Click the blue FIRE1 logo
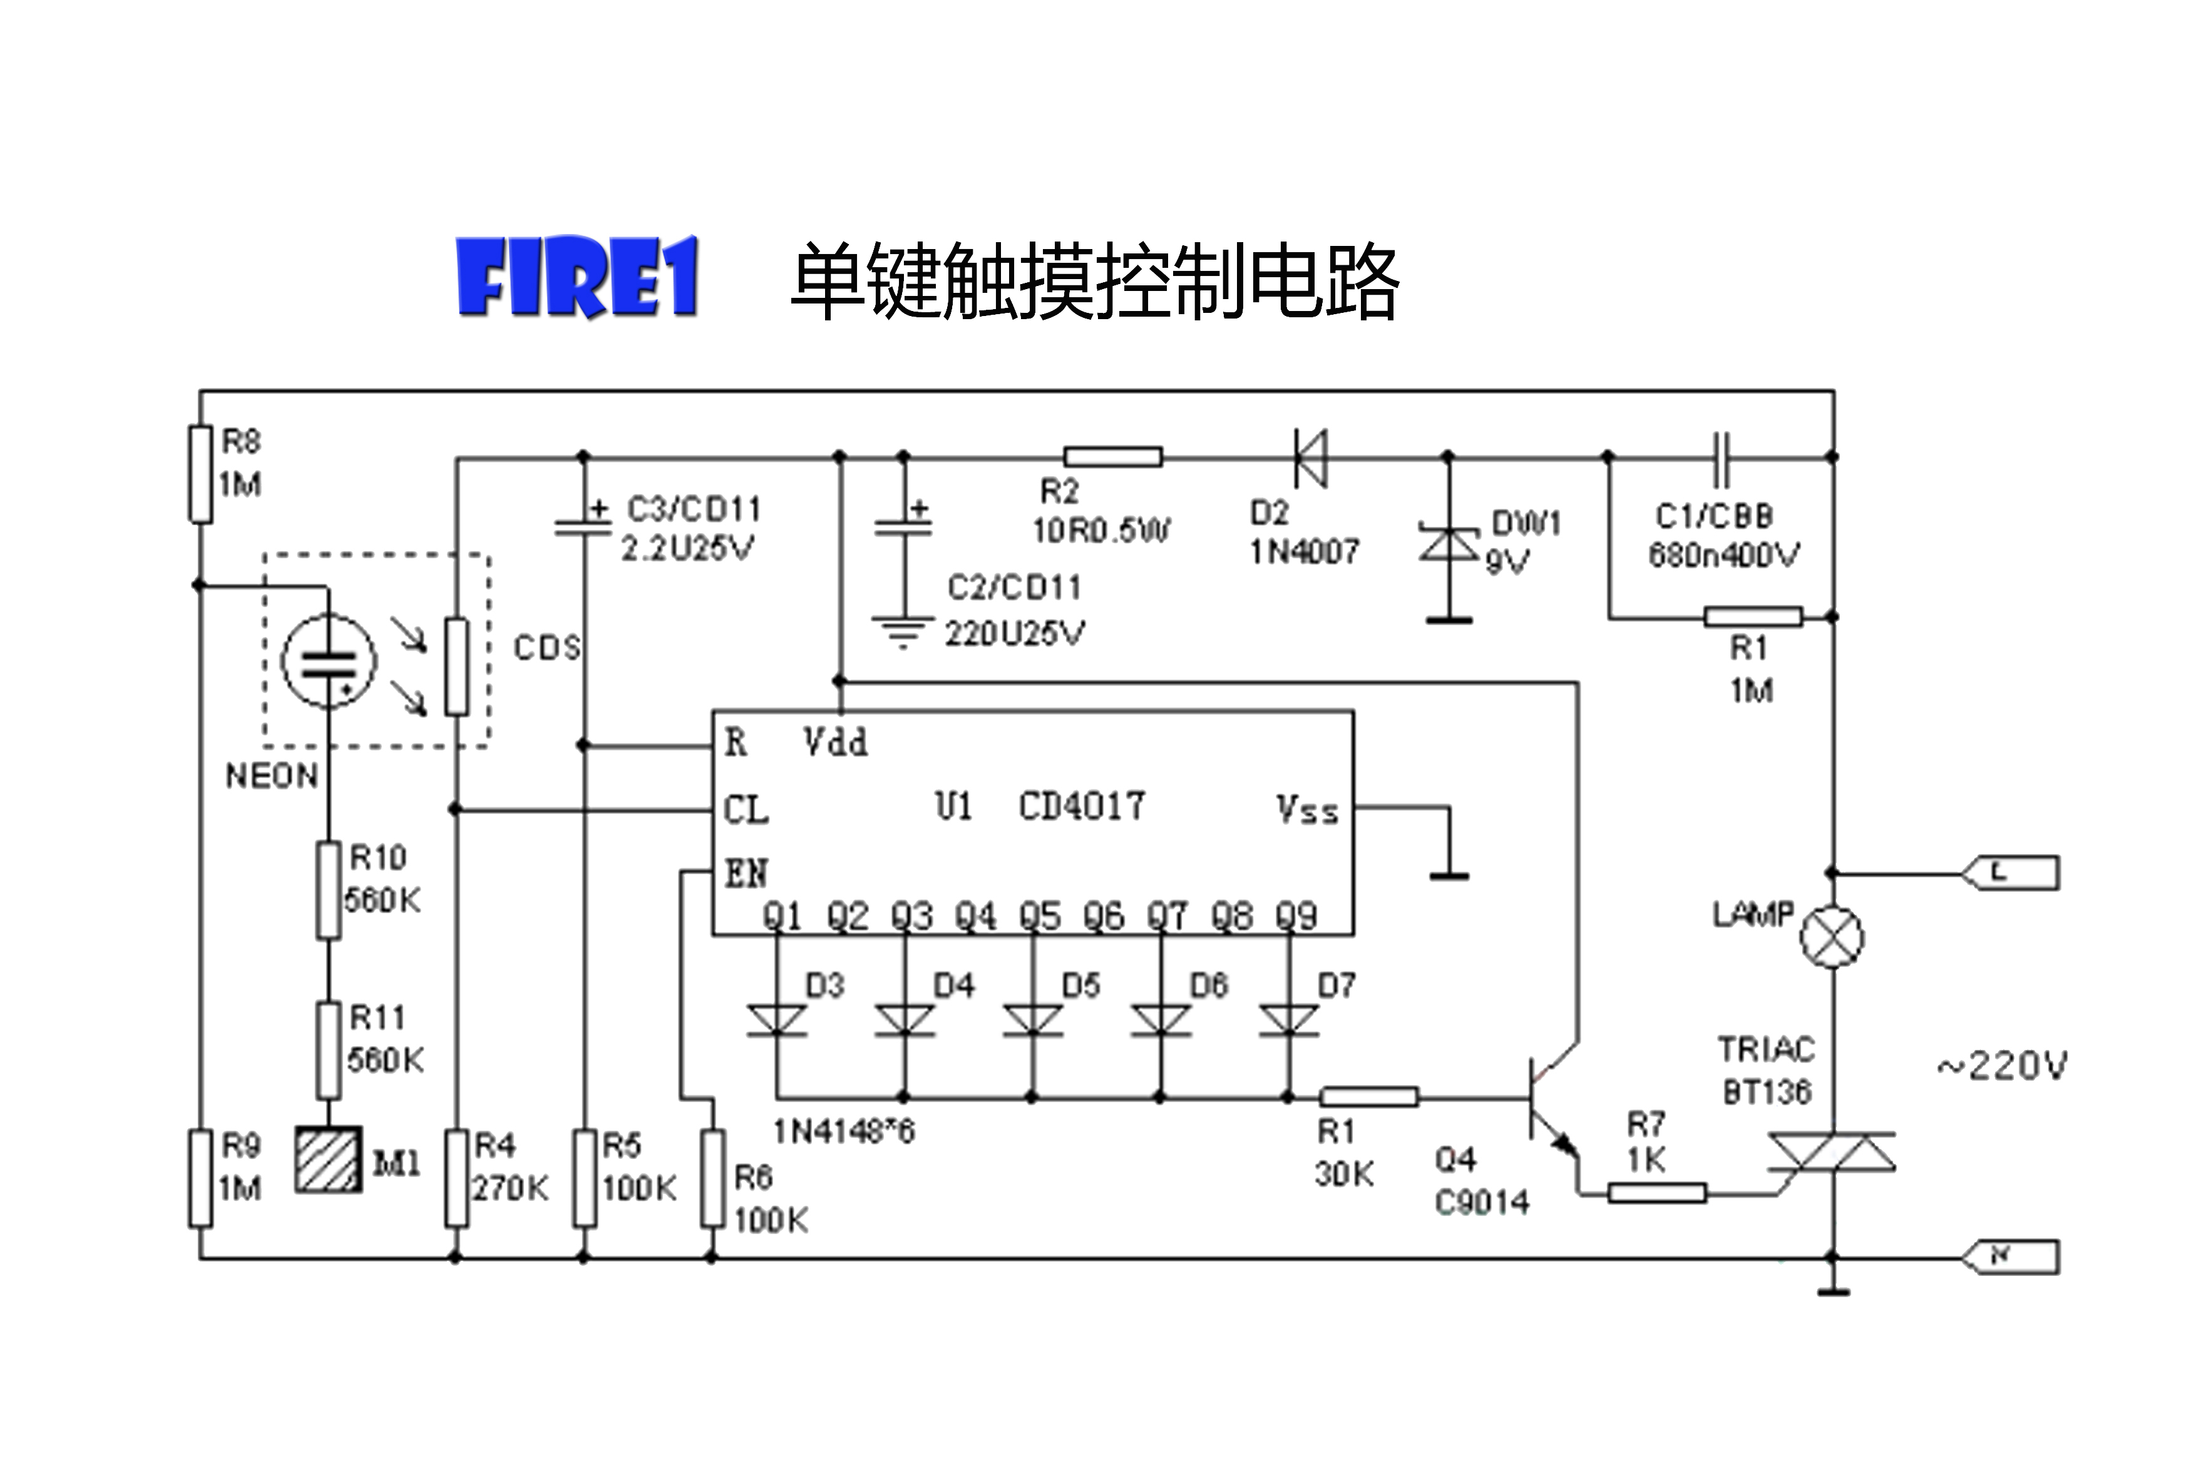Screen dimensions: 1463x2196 (x=577, y=278)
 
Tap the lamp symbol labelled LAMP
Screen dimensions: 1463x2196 (x=1830, y=937)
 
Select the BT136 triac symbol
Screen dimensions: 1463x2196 (x=1831, y=1151)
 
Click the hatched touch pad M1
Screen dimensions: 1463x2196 (x=329, y=1159)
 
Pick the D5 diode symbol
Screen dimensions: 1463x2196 (x=1032, y=1020)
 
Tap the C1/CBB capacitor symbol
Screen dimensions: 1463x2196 (x=1720, y=457)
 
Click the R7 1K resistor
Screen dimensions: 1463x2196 (x=1656, y=1193)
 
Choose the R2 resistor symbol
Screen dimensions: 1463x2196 (x=1112, y=456)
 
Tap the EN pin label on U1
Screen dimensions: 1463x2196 (x=746, y=874)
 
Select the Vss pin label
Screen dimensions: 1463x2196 (x=1306, y=810)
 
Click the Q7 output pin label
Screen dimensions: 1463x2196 (x=1167, y=916)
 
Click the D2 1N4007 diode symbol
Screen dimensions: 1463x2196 (x=1310, y=457)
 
